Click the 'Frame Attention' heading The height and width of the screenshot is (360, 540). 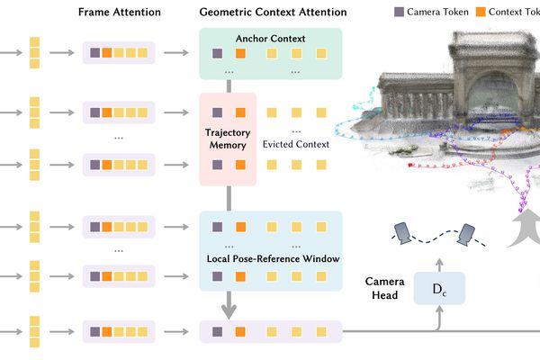(x=119, y=13)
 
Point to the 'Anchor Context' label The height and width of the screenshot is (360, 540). (x=269, y=39)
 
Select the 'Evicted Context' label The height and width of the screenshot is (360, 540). (x=294, y=144)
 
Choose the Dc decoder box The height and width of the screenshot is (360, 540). (x=437, y=289)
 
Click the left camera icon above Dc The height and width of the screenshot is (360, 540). (x=404, y=232)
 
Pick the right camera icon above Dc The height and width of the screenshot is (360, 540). (x=467, y=233)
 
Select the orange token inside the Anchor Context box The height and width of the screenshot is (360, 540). (x=240, y=53)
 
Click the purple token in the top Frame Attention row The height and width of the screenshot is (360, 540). (x=95, y=53)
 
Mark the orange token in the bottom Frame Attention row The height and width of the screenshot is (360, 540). (x=108, y=332)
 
